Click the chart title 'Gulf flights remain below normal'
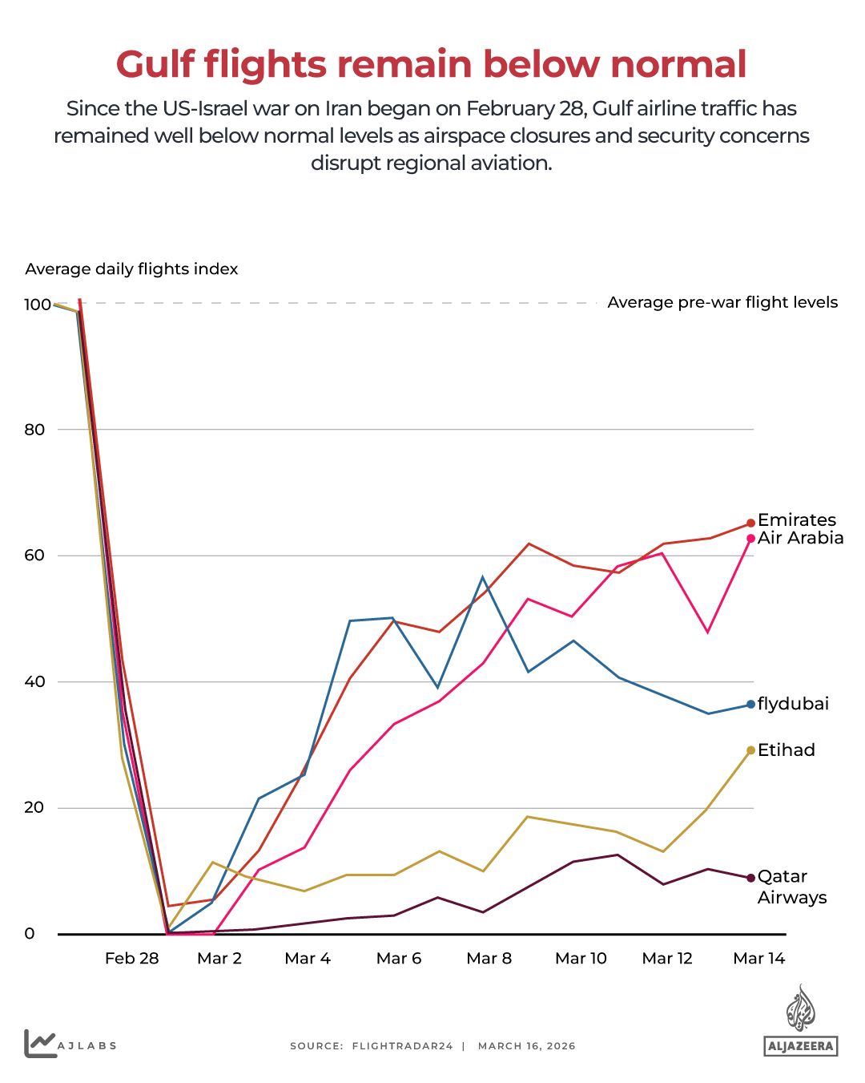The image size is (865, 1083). pos(431,65)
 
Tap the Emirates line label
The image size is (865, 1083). pos(796,519)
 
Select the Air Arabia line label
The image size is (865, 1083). pos(800,538)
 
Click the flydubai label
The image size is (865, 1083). pos(793,704)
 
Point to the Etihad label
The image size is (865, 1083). pos(786,750)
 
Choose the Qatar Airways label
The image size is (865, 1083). pos(791,887)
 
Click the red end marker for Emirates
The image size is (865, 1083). pos(750,523)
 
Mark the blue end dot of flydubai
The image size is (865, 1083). pos(750,705)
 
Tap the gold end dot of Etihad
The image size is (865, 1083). pos(750,750)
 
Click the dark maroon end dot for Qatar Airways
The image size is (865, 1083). pos(750,878)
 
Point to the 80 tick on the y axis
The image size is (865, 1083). pos(34,430)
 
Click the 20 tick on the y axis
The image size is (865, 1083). pos(34,807)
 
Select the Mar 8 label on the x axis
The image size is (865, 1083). pos(489,959)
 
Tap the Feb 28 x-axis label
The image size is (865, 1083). pos(131,959)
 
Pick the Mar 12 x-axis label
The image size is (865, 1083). pos(667,959)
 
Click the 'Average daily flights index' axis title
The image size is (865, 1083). pos(131,269)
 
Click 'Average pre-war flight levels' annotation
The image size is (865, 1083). pos(722,303)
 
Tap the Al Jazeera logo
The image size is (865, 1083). pos(800,1020)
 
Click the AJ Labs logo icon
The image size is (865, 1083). pos(40,1044)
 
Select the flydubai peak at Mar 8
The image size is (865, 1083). pos(483,577)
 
